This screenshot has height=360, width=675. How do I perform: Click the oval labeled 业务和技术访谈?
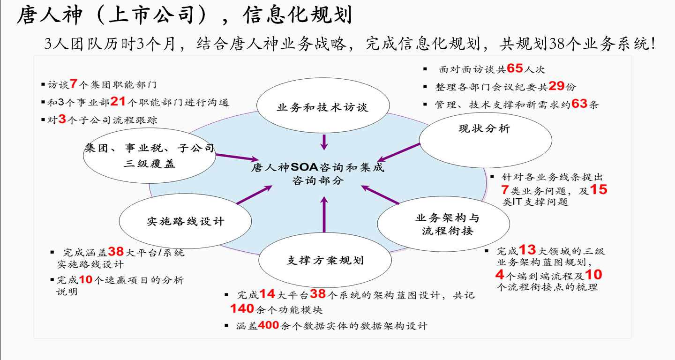[323, 107]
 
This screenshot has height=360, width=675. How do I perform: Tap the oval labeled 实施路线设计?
[186, 221]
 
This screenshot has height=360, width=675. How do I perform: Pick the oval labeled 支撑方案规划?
[325, 261]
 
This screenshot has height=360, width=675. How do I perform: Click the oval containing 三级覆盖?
[149, 157]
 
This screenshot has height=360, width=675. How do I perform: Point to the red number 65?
[515, 69]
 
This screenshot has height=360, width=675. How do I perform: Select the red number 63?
[579, 104]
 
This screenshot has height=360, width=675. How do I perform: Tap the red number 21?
[118, 102]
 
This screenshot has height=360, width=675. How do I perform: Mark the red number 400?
[269, 325]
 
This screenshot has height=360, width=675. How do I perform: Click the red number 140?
[241, 309]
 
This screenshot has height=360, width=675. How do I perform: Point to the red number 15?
[598, 190]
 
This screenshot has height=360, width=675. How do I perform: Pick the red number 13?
[527, 250]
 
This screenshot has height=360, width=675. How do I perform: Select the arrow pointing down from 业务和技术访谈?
[324, 141]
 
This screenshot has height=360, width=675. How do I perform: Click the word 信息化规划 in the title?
[297, 16]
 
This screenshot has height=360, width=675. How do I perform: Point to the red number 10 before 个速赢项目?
[86, 280]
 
